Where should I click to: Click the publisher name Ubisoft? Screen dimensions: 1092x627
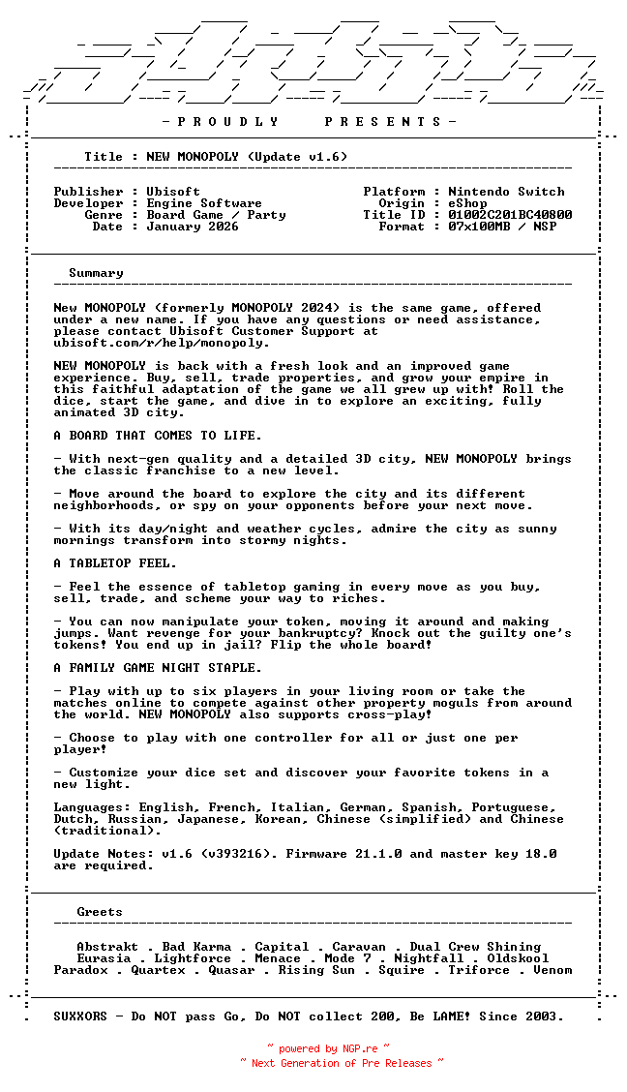pyautogui.click(x=173, y=192)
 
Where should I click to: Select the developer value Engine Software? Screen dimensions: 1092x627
pyautogui.click(x=204, y=203)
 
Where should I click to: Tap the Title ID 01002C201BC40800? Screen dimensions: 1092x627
pyautogui.click(x=510, y=215)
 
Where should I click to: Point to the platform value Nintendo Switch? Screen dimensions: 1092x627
pyautogui.click(x=506, y=192)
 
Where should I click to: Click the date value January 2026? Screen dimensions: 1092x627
pyautogui.click(x=193, y=227)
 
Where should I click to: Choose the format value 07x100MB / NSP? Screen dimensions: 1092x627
pyautogui.click(x=502, y=227)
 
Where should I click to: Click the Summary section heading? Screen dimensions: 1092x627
pyautogui.click(x=96, y=273)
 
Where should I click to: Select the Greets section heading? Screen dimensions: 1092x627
pyautogui.click(x=100, y=912)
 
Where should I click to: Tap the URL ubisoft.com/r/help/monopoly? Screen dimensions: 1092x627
pyautogui.click(x=162, y=343)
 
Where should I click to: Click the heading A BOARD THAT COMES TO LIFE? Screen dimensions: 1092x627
pyautogui.click(x=158, y=436)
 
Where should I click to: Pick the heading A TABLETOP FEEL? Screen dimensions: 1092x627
pyautogui.click(x=115, y=563)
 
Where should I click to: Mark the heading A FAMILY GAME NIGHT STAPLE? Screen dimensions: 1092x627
pyautogui.click(x=158, y=668)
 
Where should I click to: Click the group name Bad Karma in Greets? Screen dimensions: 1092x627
pyautogui.click(x=196, y=947)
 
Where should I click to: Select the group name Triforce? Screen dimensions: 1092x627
pyautogui.click(x=479, y=970)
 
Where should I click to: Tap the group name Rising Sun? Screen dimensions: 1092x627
pyautogui.click(x=316, y=970)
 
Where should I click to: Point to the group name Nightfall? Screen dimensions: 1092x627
pyautogui.click(x=429, y=958)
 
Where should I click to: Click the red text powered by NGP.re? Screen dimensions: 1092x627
pyautogui.click(x=328, y=1048)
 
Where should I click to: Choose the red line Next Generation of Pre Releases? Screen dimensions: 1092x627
pyautogui.click(x=342, y=1063)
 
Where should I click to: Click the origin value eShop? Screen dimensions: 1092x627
pyautogui.click(x=467, y=203)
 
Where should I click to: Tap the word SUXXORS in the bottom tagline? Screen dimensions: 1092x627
pyautogui.click(x=80, y=1016)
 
